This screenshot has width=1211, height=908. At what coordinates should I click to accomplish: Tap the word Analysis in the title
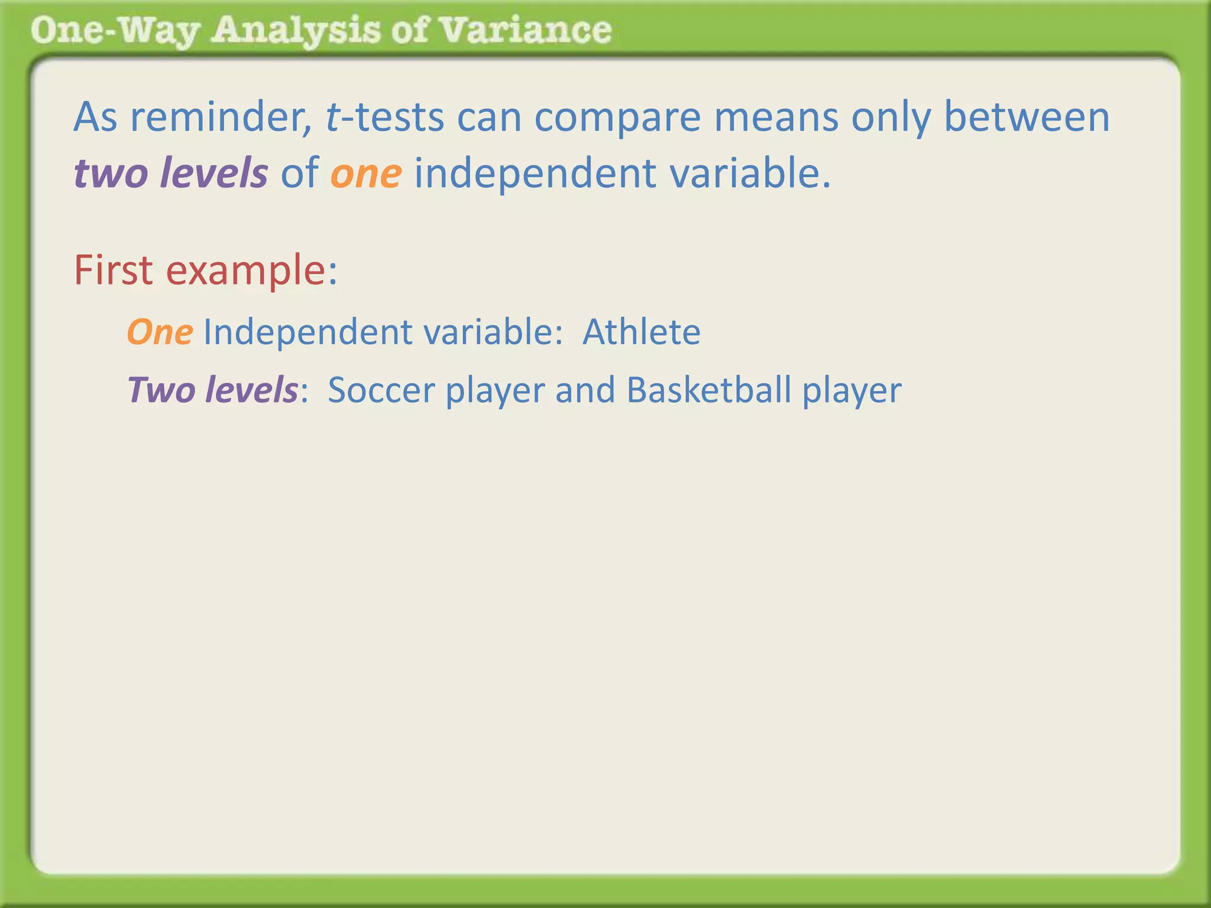[x=296, y=31]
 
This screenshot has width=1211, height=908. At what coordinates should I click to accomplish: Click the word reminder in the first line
[x=221, y=116]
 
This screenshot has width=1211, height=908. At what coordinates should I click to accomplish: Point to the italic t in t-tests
[x=332, y=116]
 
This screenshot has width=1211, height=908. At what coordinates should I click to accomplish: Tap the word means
[x=776, y=116]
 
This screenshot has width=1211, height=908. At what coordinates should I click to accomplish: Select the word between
[x=1027, y=116]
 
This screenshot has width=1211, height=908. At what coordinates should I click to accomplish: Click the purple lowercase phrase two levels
[x=171, y=173]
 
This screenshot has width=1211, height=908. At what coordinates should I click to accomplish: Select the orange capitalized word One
[x=160, y=332]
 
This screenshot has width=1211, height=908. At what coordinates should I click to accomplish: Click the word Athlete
[x=641, y=332]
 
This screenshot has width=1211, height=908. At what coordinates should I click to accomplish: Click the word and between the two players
[x=584, y=390]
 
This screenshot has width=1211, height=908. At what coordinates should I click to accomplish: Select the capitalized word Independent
[x=307, y=332]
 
